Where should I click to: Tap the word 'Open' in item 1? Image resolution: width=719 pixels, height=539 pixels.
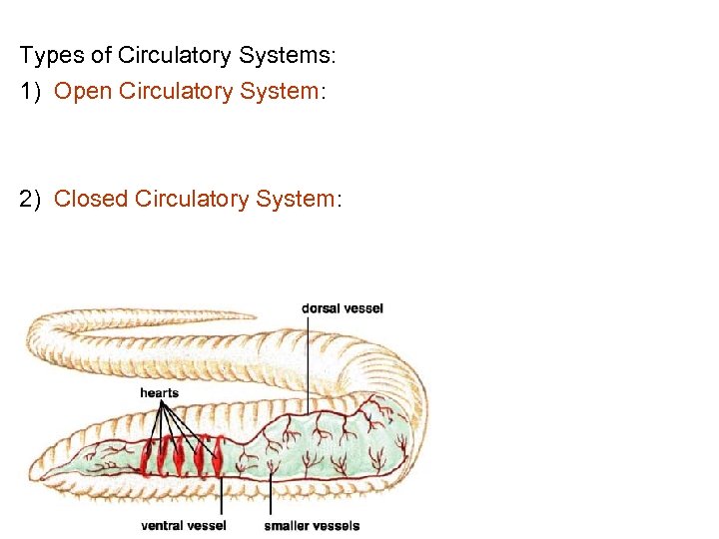point(83,91)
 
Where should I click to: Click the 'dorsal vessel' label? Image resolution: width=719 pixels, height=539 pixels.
point(342,308)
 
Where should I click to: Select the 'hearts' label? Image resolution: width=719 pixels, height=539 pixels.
point(159,392)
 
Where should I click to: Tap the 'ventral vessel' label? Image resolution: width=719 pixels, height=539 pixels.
point(184,525)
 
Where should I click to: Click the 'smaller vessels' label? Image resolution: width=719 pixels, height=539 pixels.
point(312,525)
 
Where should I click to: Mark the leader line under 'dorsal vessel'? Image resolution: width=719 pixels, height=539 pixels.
point(308,359)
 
